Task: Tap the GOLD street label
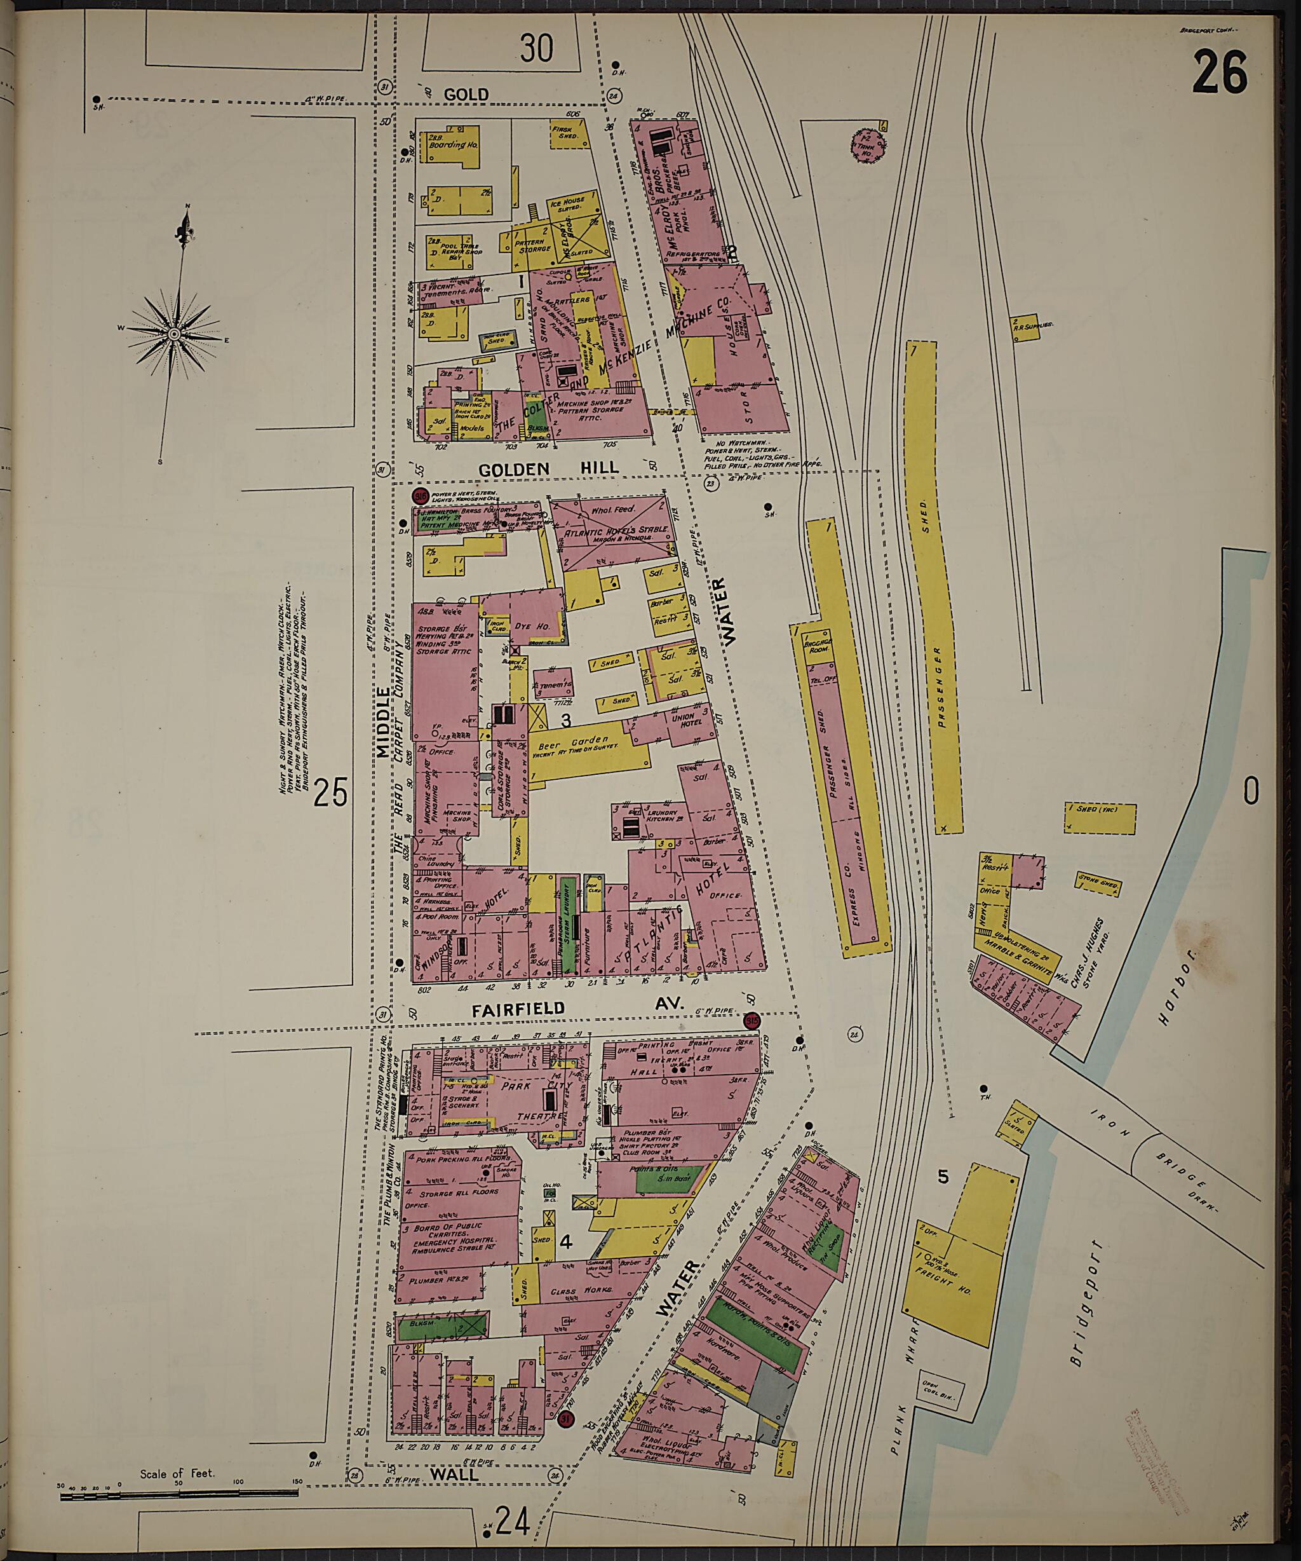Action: (x=467, y=95)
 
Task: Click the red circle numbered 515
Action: (x=753, y=1021)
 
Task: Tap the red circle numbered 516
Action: (x=421, y=495)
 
